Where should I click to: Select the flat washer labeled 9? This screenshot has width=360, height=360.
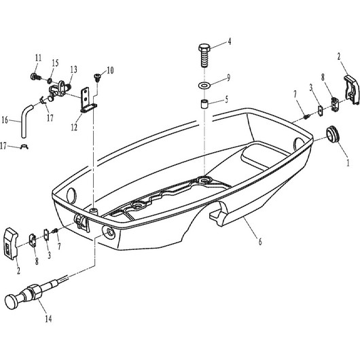(x=204, y=86)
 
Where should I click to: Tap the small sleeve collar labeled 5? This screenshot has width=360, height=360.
(x=204, y=103)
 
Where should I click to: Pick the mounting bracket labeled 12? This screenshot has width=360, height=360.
(x=88, y=101)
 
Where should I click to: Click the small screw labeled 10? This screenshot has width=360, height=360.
(x=97, y=77)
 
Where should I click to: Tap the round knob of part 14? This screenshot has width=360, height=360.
(x=12, y=302)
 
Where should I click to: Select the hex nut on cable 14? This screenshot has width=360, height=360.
(x=35, y=291)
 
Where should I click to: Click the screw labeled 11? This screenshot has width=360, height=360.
(x=35, y=77)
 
